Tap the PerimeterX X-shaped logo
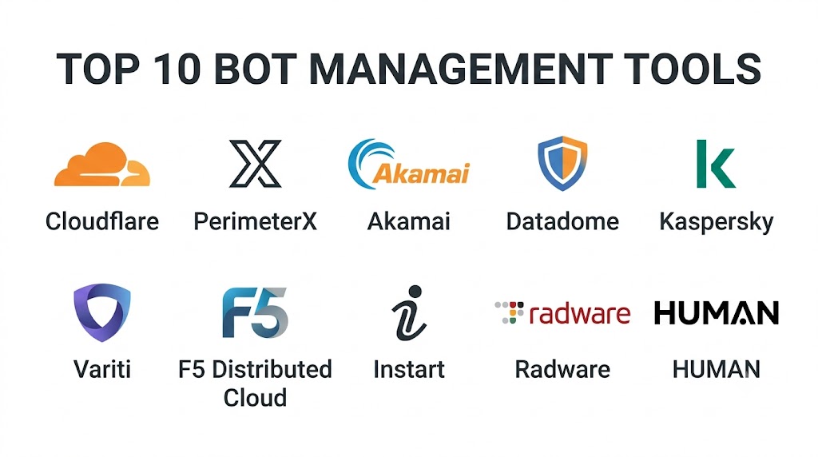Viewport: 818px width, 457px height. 255,163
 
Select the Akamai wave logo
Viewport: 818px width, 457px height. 408,164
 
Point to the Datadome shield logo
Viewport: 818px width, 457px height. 562,163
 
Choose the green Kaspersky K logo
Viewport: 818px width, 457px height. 716,163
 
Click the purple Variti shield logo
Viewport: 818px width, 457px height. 102,312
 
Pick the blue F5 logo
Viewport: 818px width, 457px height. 255,312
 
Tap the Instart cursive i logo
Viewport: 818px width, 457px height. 409,313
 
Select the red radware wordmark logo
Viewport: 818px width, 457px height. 562,313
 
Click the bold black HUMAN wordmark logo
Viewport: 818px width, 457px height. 717,313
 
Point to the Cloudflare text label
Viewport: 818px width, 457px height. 102,221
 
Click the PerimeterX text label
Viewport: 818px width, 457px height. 255,221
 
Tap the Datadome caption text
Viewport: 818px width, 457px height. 562,221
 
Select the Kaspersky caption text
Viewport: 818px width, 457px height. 717,222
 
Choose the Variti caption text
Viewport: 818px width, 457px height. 102,369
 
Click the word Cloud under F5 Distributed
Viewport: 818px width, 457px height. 255,398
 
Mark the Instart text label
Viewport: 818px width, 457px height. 409,369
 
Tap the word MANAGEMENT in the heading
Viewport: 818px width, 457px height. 461,69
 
